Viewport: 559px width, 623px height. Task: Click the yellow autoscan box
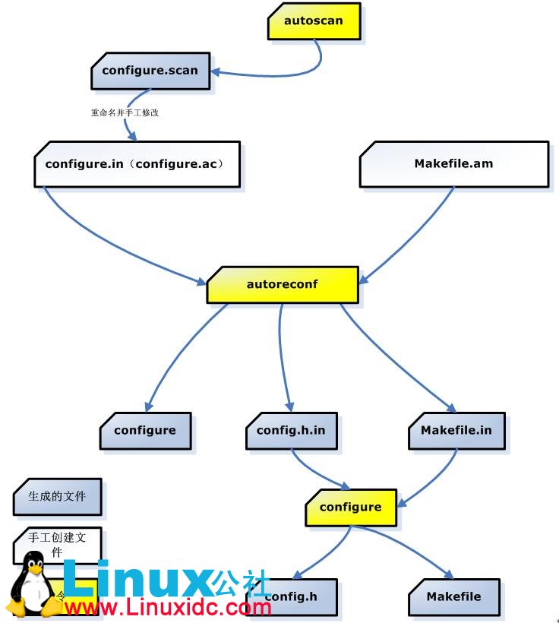click(313, 21)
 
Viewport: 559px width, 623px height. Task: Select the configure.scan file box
click(150, 71)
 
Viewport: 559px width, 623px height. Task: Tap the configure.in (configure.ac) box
click(137, 163)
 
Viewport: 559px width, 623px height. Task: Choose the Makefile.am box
click(453, 163)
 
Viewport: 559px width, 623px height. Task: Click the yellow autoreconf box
click(282, 285)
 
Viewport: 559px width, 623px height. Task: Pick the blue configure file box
click(145, 431)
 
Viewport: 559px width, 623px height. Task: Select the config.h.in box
click(291, 431)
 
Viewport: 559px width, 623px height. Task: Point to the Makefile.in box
click(456, 431)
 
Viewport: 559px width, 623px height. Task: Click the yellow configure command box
click(350, 507)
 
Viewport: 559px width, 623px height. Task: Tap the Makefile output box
click(454, 596)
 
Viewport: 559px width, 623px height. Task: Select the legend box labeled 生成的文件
click(57, 497)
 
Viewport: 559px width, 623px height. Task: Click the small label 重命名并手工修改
click(125, 112)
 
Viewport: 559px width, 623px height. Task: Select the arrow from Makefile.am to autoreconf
click(410, 236)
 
